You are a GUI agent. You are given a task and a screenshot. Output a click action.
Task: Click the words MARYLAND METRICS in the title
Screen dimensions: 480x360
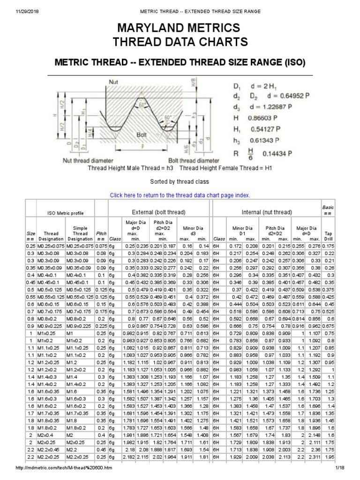pyautogui.click(x=180, y=28)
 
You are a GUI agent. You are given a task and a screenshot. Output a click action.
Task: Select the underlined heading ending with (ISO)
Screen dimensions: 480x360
pyautogui.click(x=180, y=62)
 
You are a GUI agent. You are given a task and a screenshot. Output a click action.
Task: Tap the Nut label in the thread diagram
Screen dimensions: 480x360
pyautogui.click(x=113, y=82)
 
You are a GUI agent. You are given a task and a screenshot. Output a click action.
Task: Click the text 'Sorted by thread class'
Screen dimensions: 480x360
pyautogui.click(x=180, y=181)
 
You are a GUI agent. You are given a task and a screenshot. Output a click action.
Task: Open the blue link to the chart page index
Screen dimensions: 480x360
pyautogui.click(x=180, y=195)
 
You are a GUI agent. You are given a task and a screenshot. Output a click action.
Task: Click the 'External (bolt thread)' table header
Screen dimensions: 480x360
pyautogui.click(x=159, y=212)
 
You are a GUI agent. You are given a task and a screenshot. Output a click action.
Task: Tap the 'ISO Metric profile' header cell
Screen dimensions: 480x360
pyautogui.click(x=66, y=213)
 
